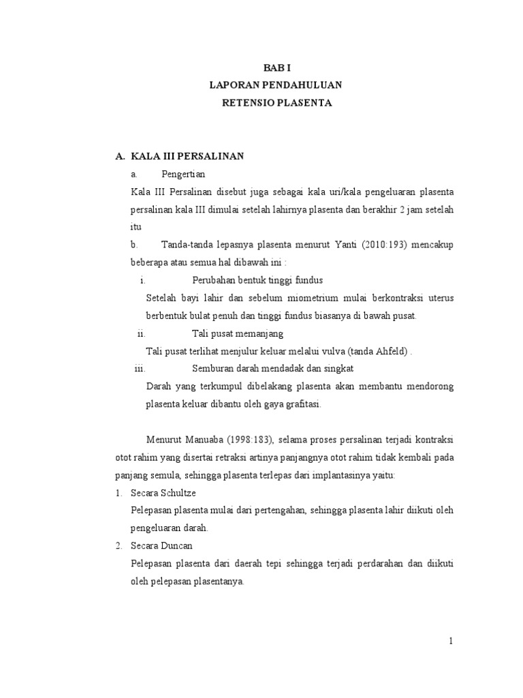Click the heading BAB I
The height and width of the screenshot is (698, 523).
coord(276,68)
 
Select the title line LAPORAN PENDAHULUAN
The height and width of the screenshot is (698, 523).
coord(276,86)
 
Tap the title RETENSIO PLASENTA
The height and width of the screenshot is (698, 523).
coord(276,104)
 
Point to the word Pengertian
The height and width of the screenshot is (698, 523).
coord(183,174)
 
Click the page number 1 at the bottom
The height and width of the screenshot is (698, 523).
coord(450,641)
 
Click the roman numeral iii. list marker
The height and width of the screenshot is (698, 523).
coord(140,369)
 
